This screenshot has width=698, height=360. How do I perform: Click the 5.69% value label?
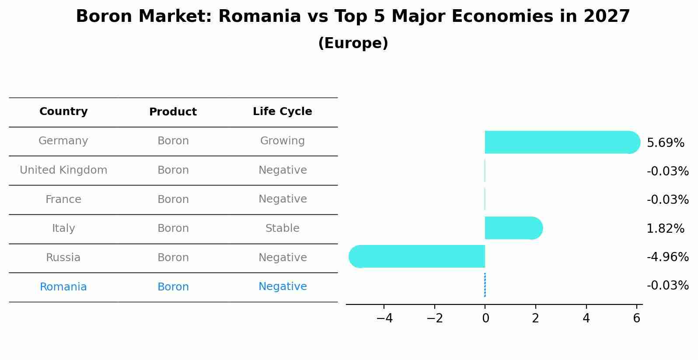[x=665, y=143]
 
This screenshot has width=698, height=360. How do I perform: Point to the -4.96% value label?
[x=667, y=257]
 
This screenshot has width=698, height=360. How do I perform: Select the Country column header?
[x=63, y=112]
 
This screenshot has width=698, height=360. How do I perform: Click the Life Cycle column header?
[x=282, y=112]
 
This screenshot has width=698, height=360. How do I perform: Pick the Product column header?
[x=173, y=112]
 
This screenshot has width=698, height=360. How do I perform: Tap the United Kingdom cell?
[x=63, y=170]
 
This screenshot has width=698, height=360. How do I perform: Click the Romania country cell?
[x=63, y=287]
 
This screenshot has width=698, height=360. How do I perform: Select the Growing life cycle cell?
[x=282, y=141]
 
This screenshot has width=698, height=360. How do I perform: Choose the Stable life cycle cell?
[x=282, y=228]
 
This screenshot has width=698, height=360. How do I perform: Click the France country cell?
[x=63, y=199]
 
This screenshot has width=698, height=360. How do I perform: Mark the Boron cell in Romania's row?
[x=173, y=287]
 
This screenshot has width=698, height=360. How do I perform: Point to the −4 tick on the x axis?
[x=384, y=318]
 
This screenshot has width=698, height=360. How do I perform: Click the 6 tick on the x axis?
[x=637, y=318]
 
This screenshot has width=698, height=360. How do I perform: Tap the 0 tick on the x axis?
[x=485, y=318]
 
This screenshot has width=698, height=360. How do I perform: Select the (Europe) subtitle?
[x=353, y=43]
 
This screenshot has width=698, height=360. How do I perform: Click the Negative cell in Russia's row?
[x=282, y=258]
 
